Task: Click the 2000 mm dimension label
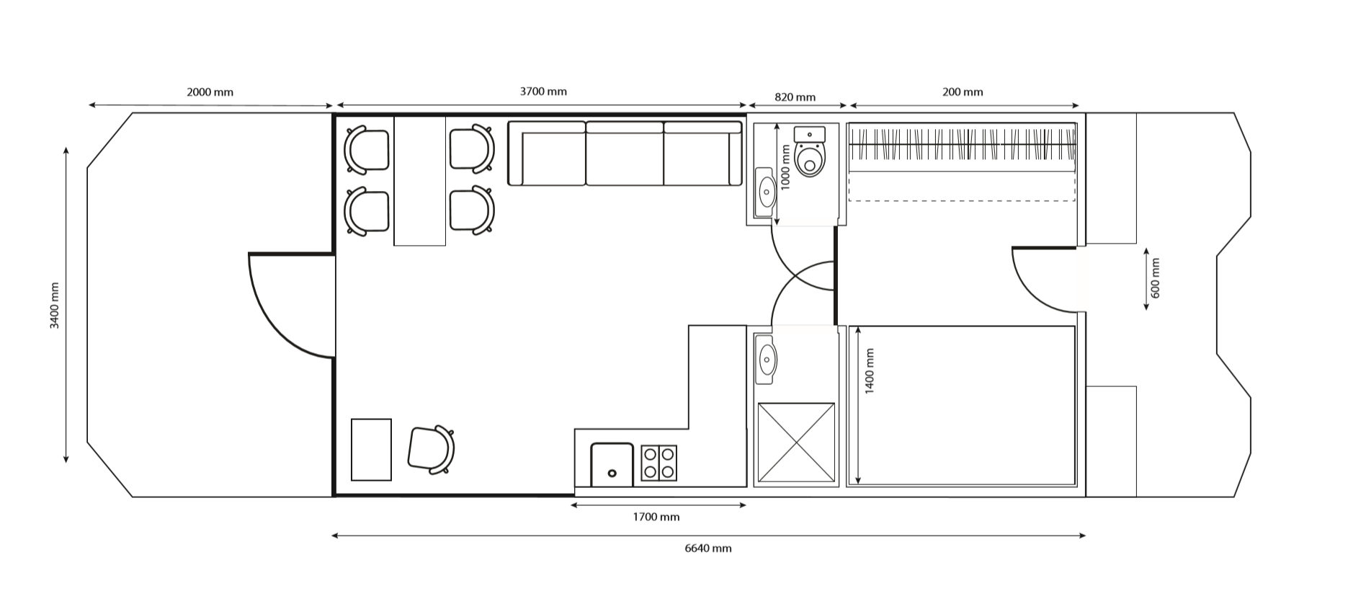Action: point(210,92)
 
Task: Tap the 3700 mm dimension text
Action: point(543,92)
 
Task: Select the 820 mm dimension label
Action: point(795,97)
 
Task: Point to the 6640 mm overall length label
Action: point(708,548)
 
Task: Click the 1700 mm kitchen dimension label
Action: point(656,517)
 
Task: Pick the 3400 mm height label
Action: point(55,306)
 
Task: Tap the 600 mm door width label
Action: point(1156,278)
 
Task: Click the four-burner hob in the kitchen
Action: point(659,463)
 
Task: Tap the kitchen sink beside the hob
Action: point(612,465)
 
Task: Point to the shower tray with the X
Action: point(796,442)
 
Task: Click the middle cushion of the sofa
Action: point(625,154)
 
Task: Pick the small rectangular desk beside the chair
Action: point(371,450)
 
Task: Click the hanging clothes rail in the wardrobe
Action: point(962,143)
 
